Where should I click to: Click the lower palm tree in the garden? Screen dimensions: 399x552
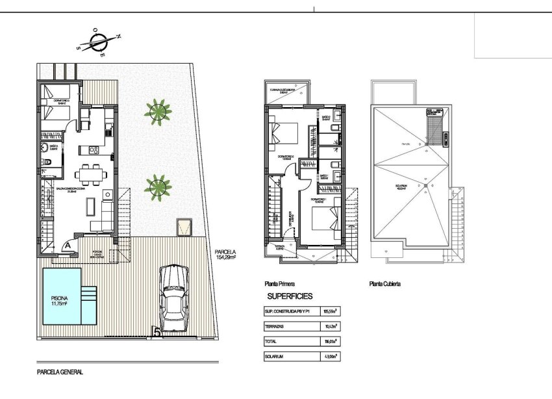click(157, 188)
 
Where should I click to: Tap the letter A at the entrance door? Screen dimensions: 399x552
click(68, 245)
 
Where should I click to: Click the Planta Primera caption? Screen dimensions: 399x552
click(280, 284)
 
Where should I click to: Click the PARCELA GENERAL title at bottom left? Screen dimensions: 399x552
click(60, 374)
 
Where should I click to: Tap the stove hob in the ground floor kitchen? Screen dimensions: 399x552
click(92, 151)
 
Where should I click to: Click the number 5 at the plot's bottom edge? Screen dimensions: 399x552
click(156, 332)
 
